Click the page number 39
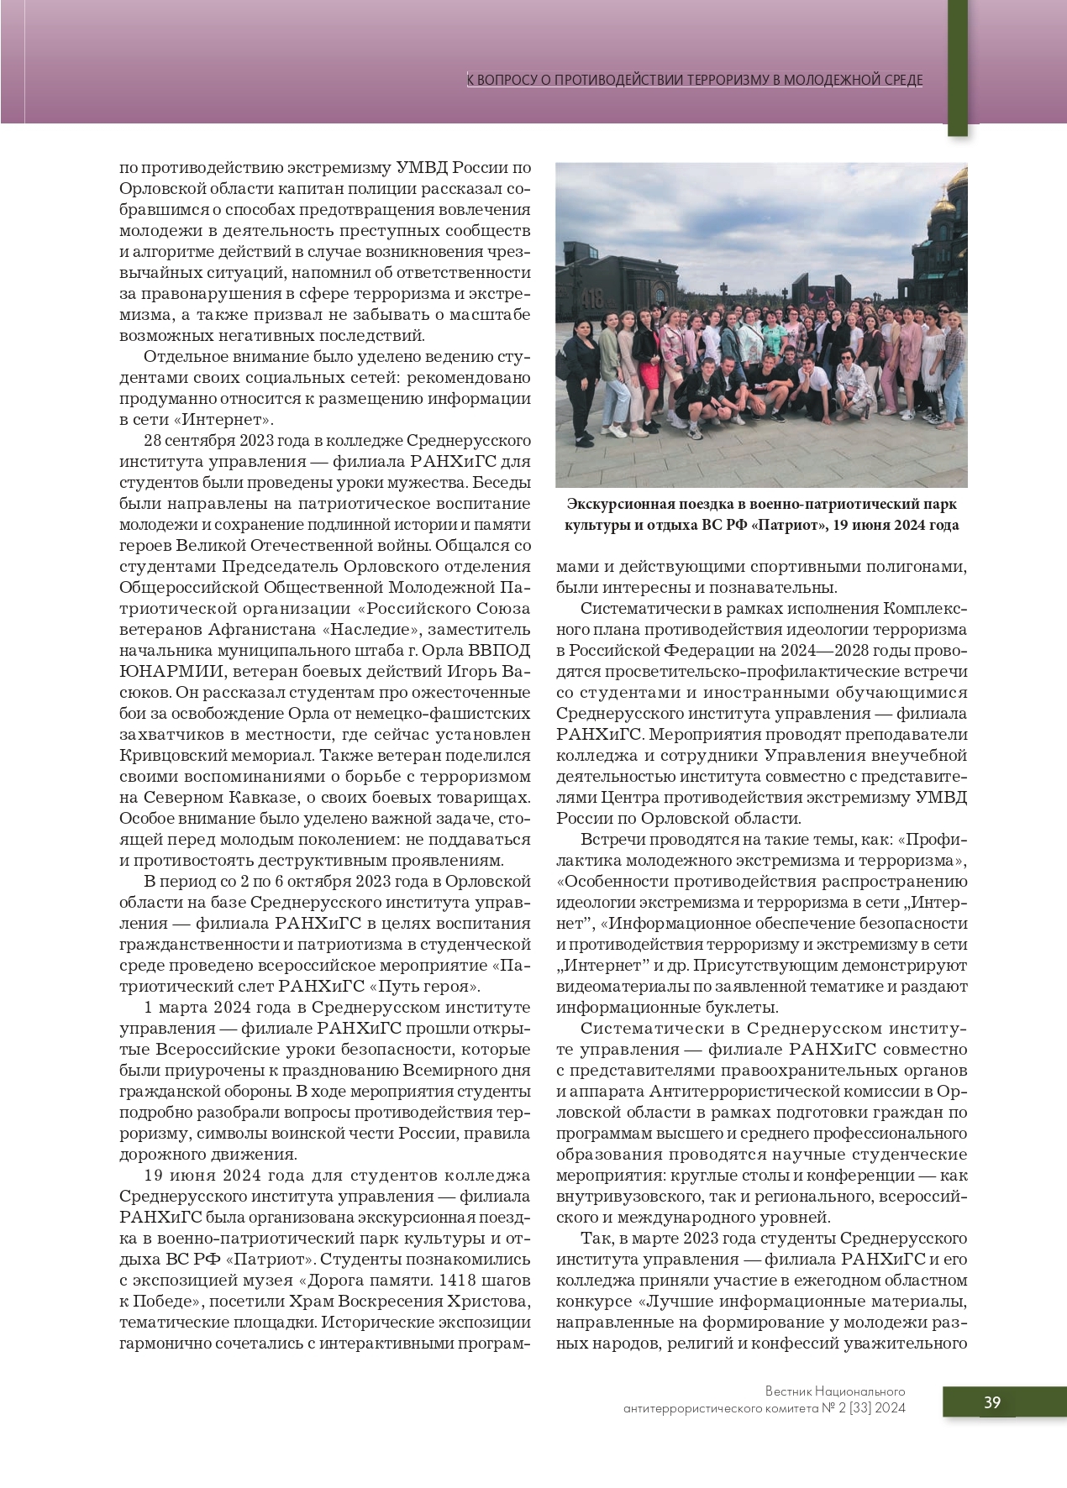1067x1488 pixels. point(992,1402)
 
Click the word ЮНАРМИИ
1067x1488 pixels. point(169,671)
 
